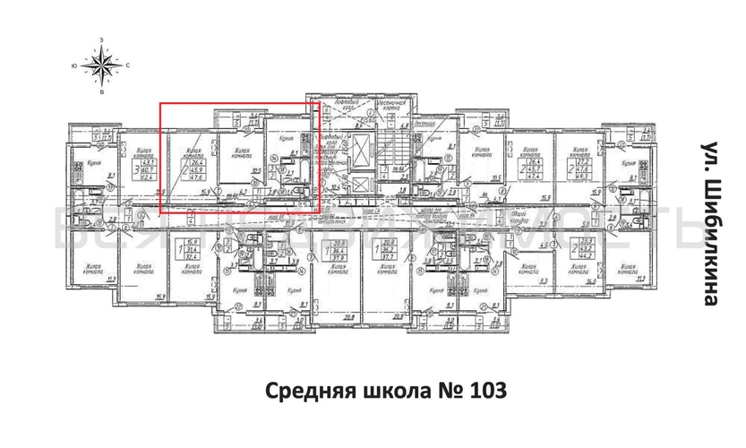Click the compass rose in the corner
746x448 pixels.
click(x=102, y=65)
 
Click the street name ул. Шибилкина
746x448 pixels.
click(x=708, y=225)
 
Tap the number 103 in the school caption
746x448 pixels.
click(x=488, y=391)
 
